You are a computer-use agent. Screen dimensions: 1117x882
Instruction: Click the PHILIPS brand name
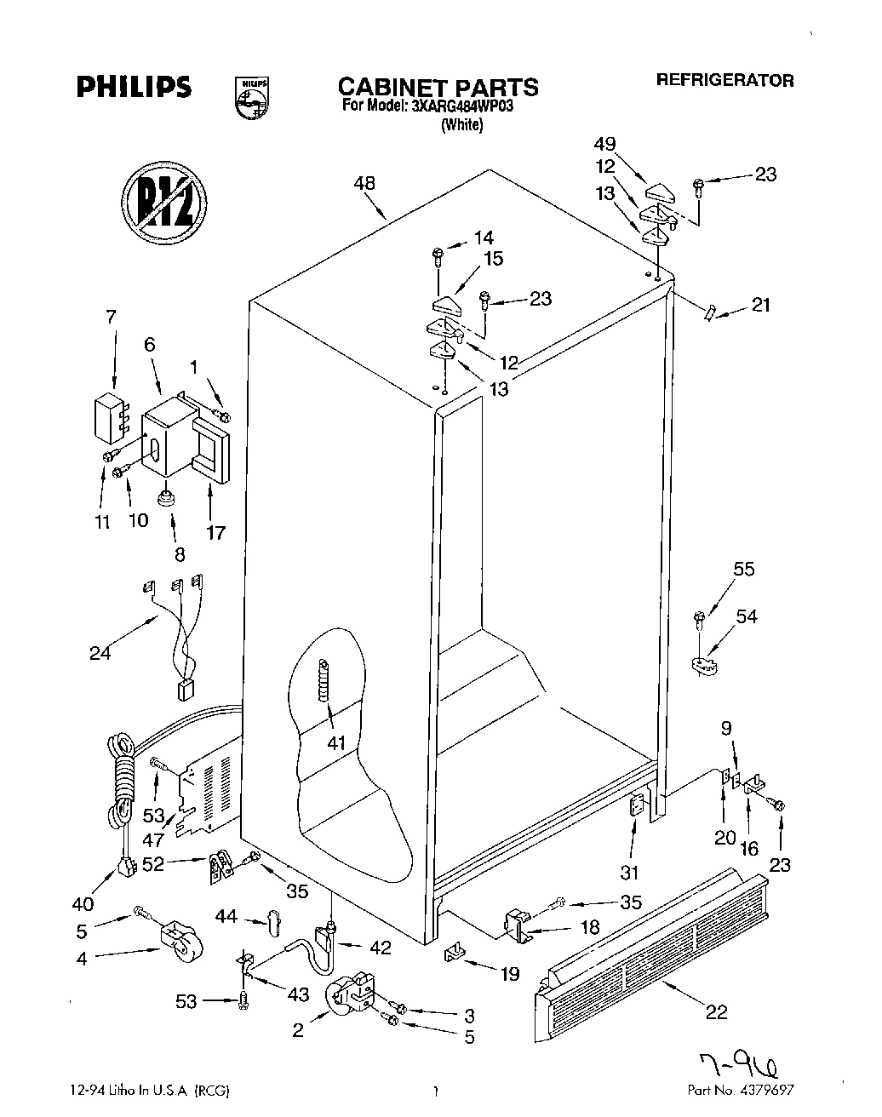[x=135, y=87]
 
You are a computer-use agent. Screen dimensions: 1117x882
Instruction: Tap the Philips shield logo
[x=251, y=96]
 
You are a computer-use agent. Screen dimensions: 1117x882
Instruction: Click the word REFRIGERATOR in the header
[x=724, y=80]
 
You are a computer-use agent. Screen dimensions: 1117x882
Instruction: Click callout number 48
[x=364, y=183]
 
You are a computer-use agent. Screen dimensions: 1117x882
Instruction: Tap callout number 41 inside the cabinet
[x=337, y=742]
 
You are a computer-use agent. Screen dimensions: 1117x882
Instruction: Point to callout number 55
[x=743, y=569]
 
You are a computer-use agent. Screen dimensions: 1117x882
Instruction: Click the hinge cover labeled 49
[x=660, y=188]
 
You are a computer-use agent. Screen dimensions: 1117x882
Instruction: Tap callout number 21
[x=760, y=304]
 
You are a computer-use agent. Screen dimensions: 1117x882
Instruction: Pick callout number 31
[x=630, y=872]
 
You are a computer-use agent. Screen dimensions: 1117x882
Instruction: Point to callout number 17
[x=215, y=532]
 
